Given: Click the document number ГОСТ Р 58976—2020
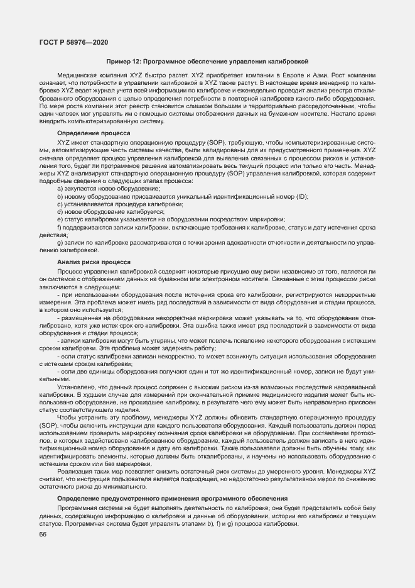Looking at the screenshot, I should point(74,42).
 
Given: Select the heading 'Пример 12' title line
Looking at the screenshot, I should point(207,62).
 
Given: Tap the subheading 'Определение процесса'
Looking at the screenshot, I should point(94,133).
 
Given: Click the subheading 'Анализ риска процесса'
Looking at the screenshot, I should point(94,261).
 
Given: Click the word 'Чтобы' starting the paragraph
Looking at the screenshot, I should point(67,417).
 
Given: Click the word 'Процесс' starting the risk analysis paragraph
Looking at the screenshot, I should point(70,270).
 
